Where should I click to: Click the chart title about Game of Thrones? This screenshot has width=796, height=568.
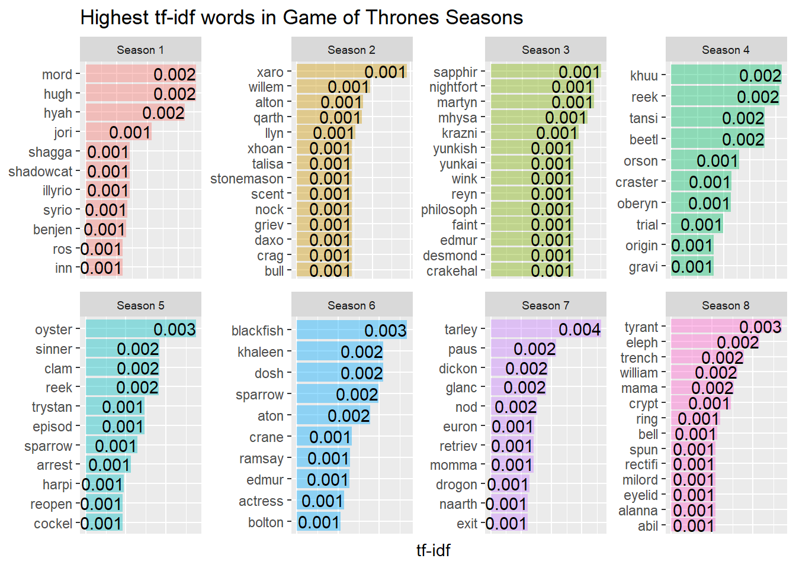coord(301,18)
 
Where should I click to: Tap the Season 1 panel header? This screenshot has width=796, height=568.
coord(140,49)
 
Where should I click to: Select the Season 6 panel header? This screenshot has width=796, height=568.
coord(352,305)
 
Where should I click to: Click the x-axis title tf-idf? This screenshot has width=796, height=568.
coord(433,551)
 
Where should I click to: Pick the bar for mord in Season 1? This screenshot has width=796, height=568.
coord(141,74)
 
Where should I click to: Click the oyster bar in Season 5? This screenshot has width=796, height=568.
coord(141,329)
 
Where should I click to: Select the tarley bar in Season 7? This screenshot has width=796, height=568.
coord(546,329)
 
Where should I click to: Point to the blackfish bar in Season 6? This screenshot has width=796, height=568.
coord(352,330)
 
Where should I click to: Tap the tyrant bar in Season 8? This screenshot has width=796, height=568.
coord(726,327)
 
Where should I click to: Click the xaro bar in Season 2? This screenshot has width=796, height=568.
coord(352,72)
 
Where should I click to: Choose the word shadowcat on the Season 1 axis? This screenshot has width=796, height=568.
coord(40,172)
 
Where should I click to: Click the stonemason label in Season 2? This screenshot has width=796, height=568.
coord(247,179)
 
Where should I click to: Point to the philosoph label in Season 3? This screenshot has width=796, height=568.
coord(449,210)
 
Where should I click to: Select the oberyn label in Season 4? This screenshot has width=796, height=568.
coord(637,204)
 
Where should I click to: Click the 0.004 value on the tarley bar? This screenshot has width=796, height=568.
coord(580,330)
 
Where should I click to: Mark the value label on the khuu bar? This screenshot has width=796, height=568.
coord(760,76)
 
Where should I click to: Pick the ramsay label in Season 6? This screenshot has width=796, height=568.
coord(262,459)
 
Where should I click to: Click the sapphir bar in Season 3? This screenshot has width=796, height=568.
coord(546,72)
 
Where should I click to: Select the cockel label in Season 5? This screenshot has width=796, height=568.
coord(53,524)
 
